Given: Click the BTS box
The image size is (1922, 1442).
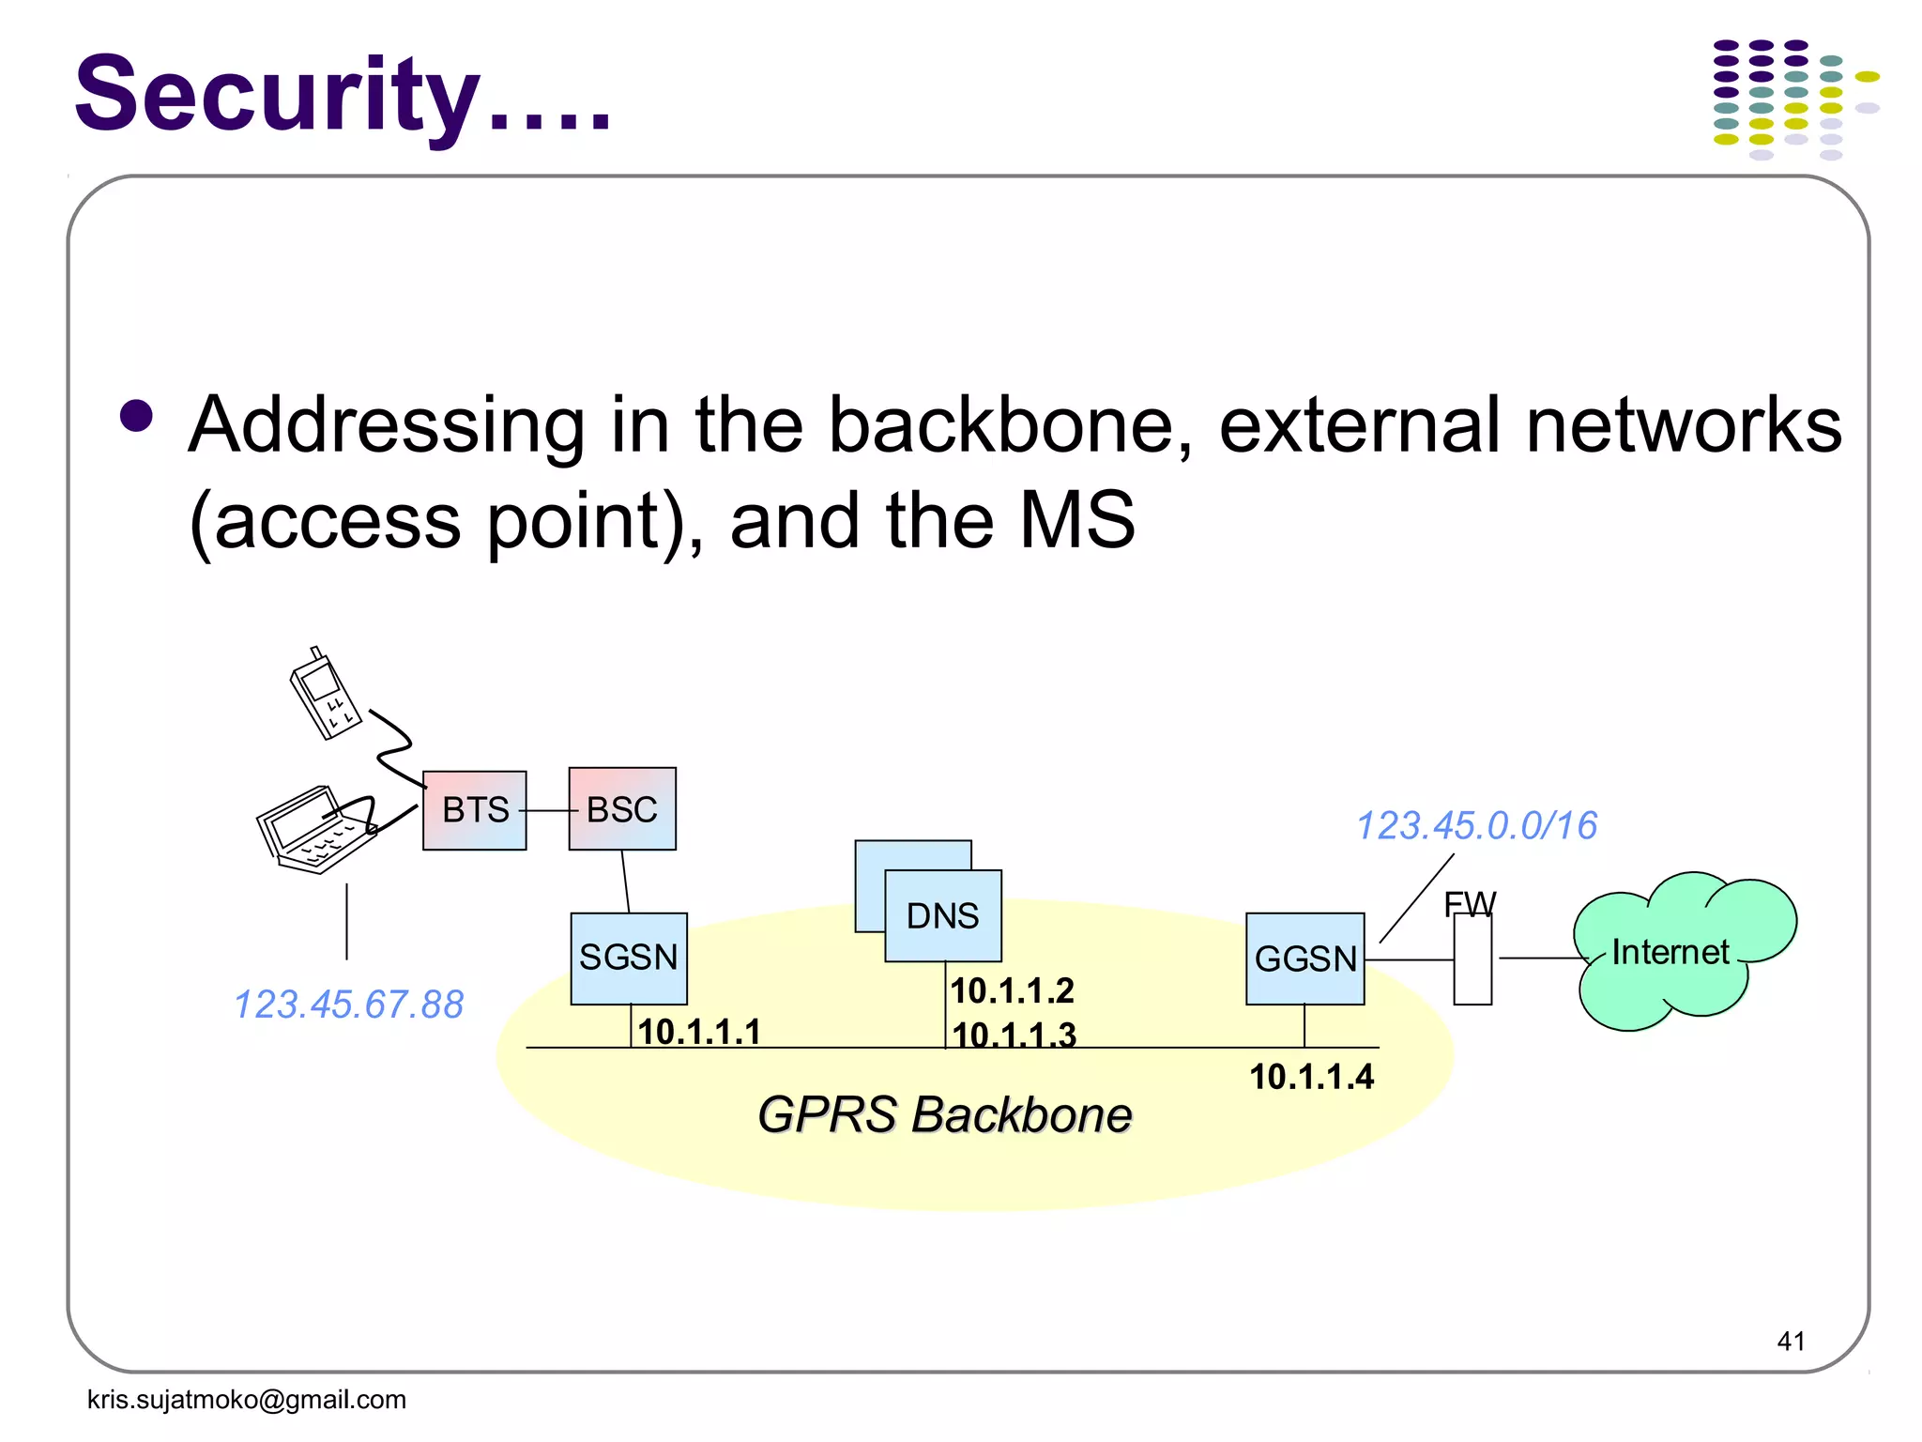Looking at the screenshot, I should (x=474, y=810).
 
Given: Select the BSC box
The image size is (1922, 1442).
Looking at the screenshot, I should (x=621, y=809).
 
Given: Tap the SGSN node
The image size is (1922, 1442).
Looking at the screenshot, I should (x=628, y=958).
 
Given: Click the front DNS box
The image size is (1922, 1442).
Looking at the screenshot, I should (x=942, y=916).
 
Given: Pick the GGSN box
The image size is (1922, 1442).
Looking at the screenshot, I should (x=1304, y=959).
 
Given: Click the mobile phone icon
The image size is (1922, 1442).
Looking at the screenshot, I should (x=324, y=695).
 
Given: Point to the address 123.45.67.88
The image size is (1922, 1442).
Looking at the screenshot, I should (x=348, y=1005).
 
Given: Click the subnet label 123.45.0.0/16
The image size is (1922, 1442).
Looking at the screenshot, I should (x=1476, y=826).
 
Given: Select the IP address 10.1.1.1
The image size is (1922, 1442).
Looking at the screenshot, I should (x=699, y=1032).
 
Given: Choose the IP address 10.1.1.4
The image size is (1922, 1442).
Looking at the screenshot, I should (x=1311, y=1077).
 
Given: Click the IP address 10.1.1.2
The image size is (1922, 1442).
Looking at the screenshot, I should (x=1012, y=990).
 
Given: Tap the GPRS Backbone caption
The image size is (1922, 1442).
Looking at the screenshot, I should (x=944, y=1115).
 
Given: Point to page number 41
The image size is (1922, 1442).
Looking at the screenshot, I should (x=1791, y=1341).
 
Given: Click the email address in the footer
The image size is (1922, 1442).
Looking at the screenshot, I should (x=246, y=1400).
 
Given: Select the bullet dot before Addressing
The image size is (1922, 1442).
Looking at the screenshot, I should (x=137, y=417).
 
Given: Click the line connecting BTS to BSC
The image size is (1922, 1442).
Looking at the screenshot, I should (x=547, y=810).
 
